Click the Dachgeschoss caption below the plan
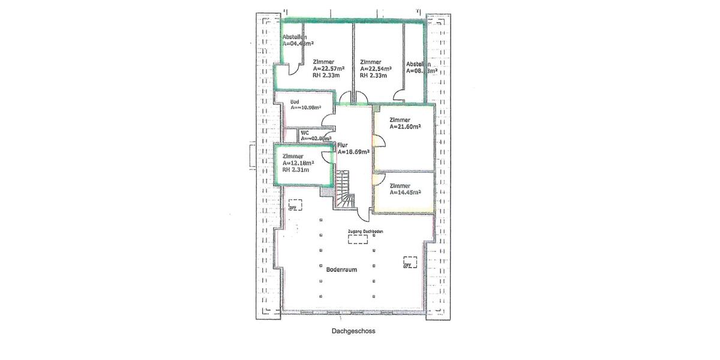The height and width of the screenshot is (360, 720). point(353,330)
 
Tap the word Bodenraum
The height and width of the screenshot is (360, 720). point(341,269)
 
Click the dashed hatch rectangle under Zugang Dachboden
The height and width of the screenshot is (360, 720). point(359,239)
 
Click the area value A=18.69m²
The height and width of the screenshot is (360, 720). point(353,152)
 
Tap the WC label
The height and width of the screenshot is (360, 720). point(305,132)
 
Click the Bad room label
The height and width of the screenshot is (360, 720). point(295,101)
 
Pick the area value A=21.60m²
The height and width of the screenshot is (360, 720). point(405,127)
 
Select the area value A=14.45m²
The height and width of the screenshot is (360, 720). point(405,192)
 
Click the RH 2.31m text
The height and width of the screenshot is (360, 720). point(295,170)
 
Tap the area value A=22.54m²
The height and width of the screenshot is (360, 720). point(376,69)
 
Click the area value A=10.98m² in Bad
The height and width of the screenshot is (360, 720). point(305,108)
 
